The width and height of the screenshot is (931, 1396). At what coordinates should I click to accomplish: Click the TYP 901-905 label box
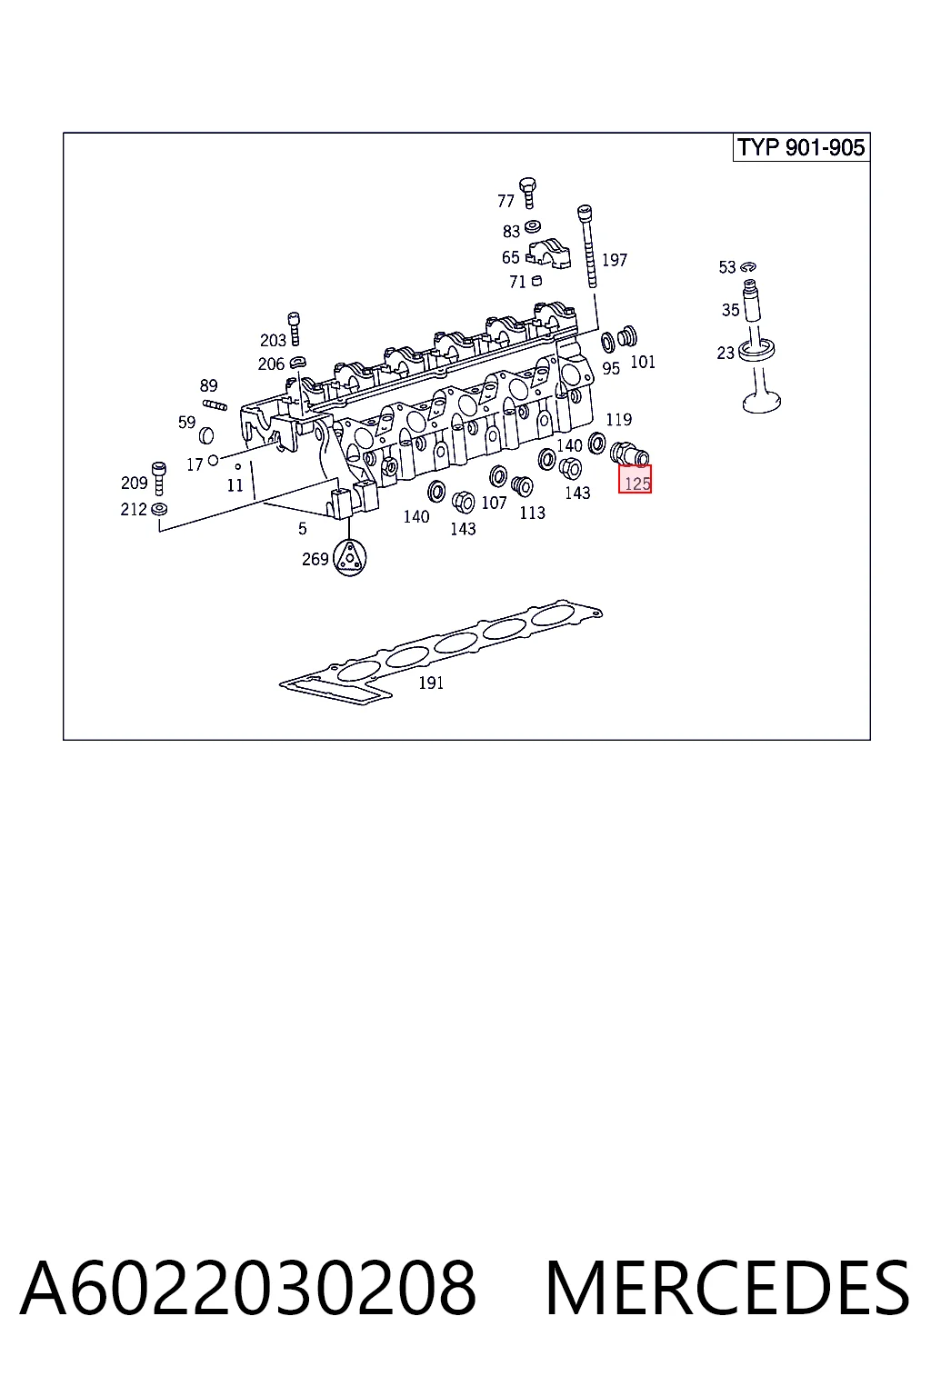click(x=801, y=148)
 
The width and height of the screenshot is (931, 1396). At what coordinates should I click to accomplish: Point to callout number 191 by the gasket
click(x=431, y=683)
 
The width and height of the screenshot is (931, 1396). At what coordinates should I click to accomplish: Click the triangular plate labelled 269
click(x=350, y=558)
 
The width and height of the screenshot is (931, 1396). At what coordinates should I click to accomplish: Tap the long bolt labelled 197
click(x=587, y=246)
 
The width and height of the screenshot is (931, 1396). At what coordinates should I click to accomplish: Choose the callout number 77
click(x=506, y=201)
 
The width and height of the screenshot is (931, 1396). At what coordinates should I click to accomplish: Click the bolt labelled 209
click(x=159, y=478)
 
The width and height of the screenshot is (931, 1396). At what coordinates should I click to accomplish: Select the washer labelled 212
click(x=160, y=509)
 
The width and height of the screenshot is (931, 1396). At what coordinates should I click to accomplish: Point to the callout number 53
click(x=727, y=267)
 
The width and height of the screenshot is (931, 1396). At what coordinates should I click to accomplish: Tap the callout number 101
click(x=643, y=362)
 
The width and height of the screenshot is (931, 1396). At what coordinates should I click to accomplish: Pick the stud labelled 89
click(x=215, y=405)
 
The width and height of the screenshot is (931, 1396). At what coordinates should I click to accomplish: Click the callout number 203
click(x=273, y=340)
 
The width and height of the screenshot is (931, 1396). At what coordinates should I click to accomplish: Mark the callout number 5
click(x=303, y=529)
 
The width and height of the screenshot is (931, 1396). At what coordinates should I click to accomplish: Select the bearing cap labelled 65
click(x=548, y=253)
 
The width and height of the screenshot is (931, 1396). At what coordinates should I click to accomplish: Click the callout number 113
click(x=533, y=513)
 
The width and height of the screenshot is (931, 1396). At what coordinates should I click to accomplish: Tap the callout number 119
click(x=618, y=419)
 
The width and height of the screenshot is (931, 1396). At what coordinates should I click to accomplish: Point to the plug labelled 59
click(x=206, y=435)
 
